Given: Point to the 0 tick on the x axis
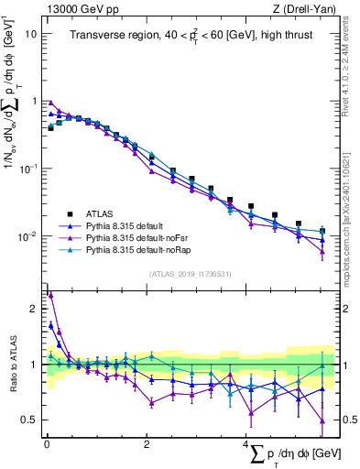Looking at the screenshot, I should click(x=47, y=443).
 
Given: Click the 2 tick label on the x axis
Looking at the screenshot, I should click(x=147, y=443).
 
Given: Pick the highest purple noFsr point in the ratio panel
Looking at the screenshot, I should click(x=49, y=295).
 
